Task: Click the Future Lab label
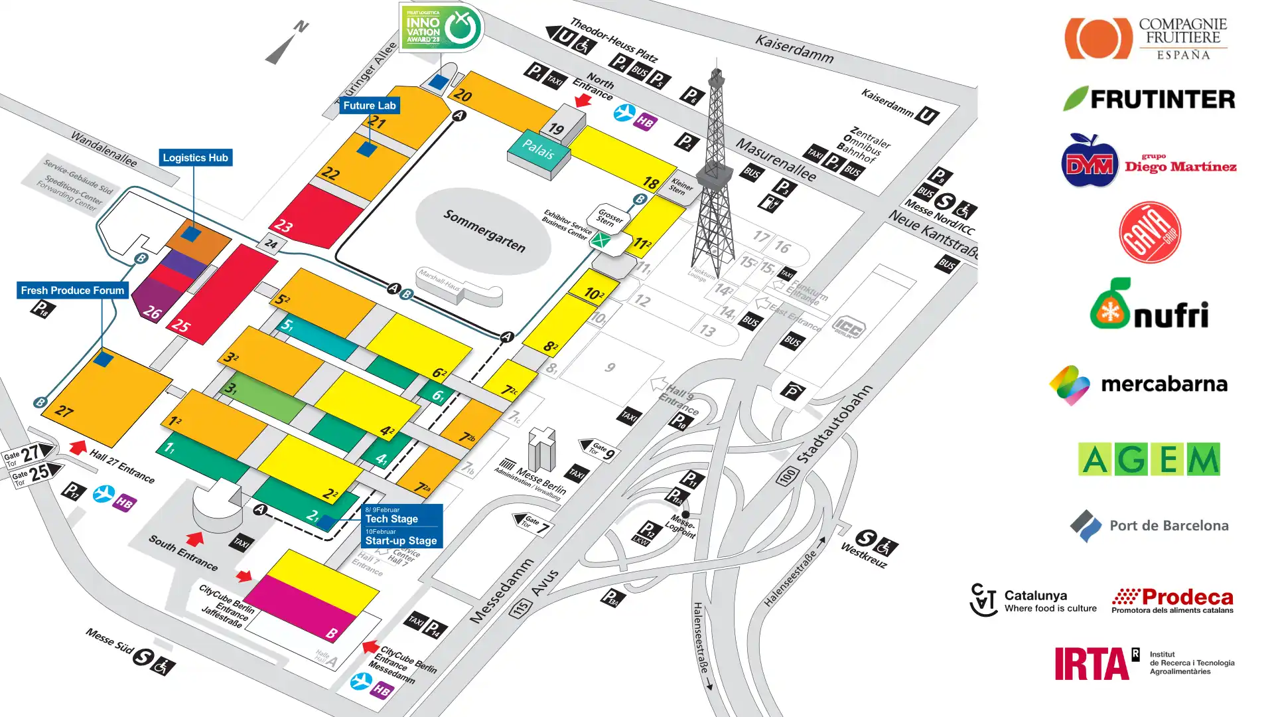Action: click(369, 106)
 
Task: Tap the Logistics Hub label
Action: click(195, 158)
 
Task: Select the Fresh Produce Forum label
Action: click(72, 290)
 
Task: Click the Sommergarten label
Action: click(484, 231)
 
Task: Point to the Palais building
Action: click(538, 151)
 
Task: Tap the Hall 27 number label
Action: click(64, 411)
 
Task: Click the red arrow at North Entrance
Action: click(583, 100)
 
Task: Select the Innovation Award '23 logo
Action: click(441, 27)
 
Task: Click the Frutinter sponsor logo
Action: click(1149, 99)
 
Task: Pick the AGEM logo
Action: click(1149, 459)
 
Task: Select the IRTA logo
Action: click(1145, 663)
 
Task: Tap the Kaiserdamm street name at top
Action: click(794, 49)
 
